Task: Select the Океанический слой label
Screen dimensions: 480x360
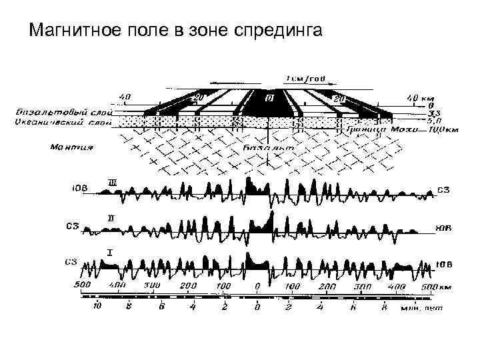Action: pyautogui.click(x=59, y=123)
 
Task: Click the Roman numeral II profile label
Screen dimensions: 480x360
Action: pyautogui.click(x=111, y=219)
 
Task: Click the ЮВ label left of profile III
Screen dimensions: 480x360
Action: pyautogui.click(x=80, y=189)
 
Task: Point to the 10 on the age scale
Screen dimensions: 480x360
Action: pyautogui.click(x=97, y=307)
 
